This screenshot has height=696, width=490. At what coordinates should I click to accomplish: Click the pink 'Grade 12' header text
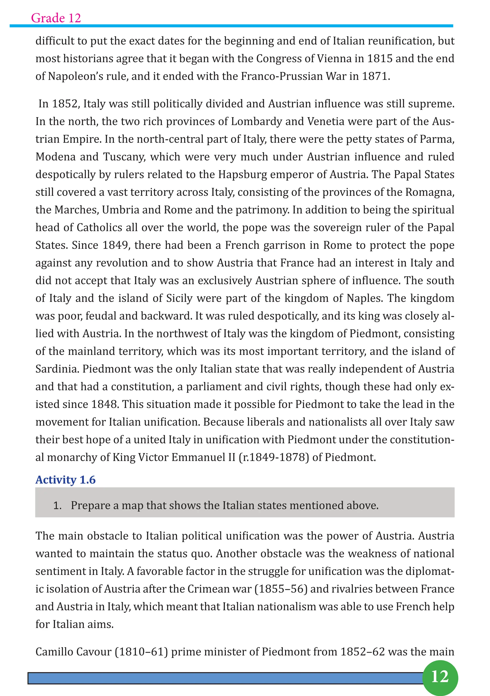56,18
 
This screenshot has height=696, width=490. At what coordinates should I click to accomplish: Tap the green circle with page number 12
440,677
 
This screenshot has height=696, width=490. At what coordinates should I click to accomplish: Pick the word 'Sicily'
179,298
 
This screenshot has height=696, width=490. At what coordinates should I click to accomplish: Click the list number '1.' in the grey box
57,506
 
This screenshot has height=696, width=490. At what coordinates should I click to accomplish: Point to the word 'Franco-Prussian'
282,76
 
